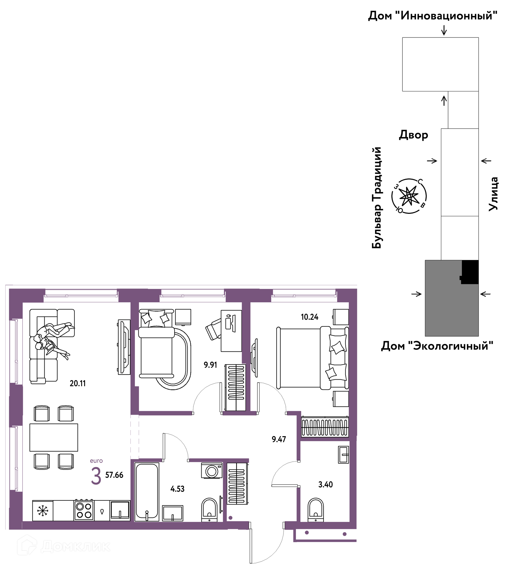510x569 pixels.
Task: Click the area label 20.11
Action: (78, 383)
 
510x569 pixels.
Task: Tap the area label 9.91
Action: (210, 365)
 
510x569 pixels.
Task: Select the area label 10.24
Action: (310, 317)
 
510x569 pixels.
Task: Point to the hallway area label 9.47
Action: (279, 439)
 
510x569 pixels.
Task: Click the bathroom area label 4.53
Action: (177, 489)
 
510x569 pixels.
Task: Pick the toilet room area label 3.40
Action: (326, 484)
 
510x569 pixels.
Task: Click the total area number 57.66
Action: (114, 475)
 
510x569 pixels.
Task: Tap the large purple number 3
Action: (96, 477)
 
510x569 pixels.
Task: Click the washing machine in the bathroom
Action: (212, 471)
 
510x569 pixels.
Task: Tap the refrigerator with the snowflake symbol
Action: (42, 511)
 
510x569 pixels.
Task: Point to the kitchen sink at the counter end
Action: (120, 510)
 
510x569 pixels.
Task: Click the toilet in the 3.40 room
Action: (316, 510)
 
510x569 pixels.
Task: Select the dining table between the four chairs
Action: (54, 438)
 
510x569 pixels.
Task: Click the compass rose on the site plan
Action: (409, 196)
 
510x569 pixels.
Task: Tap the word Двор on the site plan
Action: (414, 135)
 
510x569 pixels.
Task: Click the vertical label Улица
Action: (493, 194)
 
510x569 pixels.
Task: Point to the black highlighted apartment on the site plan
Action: (470, 272)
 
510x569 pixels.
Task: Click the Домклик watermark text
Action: (76, 547)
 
